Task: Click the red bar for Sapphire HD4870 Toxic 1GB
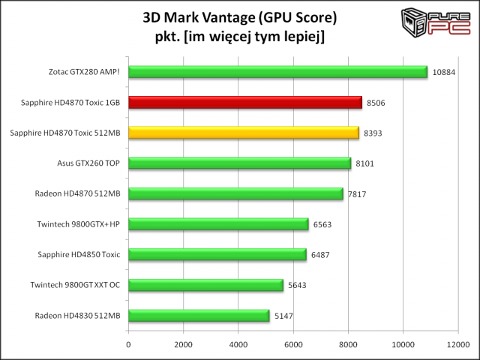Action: click(x=245, y=103)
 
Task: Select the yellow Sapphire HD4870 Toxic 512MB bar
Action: click(x=244, y=133)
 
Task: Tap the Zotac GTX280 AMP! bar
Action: click(x=278, y=72)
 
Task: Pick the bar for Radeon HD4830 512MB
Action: click(x=199, y=316)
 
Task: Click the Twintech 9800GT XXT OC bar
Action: click(x=205, y=285)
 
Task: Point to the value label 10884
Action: click(x=444, y=72)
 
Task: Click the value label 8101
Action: click(x=365, y=163)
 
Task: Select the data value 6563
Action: click(x=322, y=224)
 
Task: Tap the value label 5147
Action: click(x=283, y=316)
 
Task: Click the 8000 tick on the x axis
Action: click(x=348, y=344)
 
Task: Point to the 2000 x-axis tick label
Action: click(x=183, y=344)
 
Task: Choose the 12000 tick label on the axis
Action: click(x=458, y=344)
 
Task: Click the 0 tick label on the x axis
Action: click(x=128, y=344)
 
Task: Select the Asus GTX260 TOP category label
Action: click(x=88, y=163)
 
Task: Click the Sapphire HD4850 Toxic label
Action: click(x=79, y=255)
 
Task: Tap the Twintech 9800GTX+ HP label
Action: click(x=78, y=224)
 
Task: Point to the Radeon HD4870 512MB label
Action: click(x=77, y=193)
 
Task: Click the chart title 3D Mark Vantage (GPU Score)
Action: click(x=240, y=18)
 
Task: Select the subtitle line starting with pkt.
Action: click(x=240, y=37)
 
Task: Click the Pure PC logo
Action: click(x=436, y=22)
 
